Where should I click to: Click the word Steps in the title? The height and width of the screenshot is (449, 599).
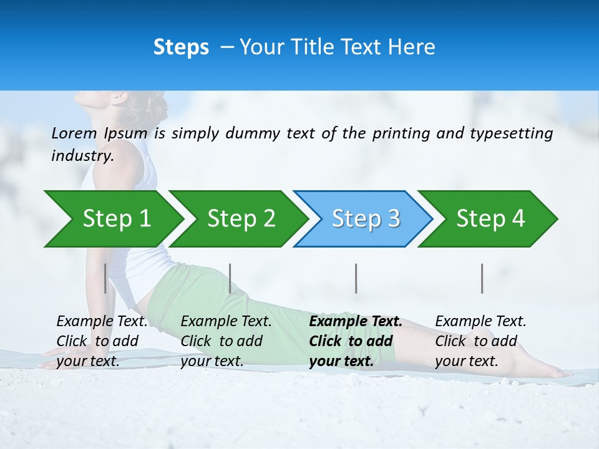point(181,47)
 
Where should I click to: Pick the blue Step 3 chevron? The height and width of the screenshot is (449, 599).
point(365,219)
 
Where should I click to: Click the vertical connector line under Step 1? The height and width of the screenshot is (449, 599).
point(105,278)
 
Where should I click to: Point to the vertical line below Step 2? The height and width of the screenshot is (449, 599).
point(230,278)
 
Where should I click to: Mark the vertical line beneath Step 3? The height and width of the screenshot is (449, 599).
point(356,278)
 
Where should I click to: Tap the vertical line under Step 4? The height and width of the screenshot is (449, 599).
point(482,278)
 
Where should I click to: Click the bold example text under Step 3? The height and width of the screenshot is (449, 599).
point(355,341)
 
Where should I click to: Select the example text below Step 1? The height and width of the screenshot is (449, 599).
point(102,341)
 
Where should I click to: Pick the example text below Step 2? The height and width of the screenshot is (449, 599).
point(226,341)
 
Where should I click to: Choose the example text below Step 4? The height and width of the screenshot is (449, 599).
point(480,341)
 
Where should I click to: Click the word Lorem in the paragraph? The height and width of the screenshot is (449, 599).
point(74,133)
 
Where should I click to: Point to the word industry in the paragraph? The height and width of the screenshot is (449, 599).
point(82,156)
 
